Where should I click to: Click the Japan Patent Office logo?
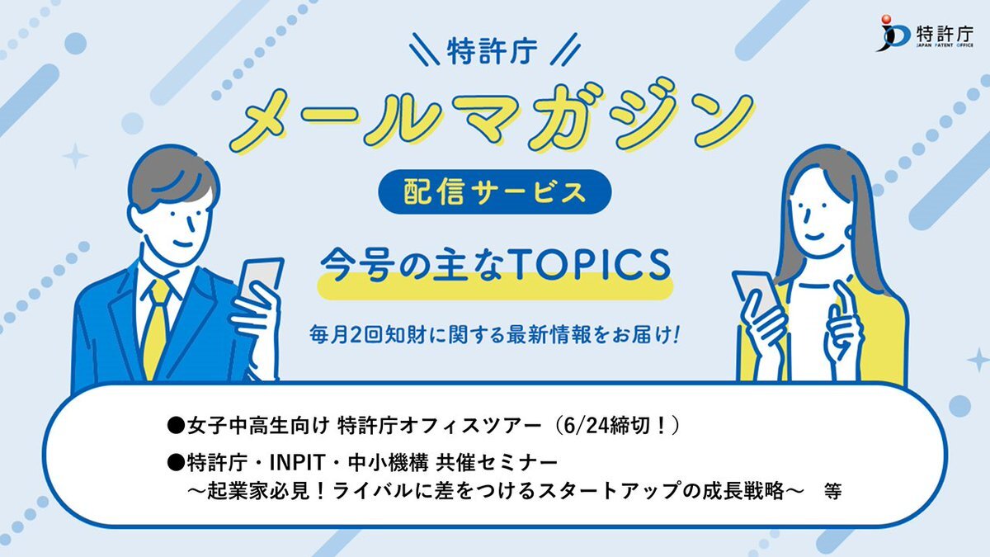tap(924, 34)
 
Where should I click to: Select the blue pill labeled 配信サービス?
tap(494, 191)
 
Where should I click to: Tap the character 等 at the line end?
tap(832, 492)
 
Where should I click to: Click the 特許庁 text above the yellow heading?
tap(492, 51)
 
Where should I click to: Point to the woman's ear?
tap(849, 232)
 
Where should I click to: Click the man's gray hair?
tap(172, 177)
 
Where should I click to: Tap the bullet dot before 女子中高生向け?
tap(176, 427)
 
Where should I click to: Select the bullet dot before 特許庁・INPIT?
tap(176, 464)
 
